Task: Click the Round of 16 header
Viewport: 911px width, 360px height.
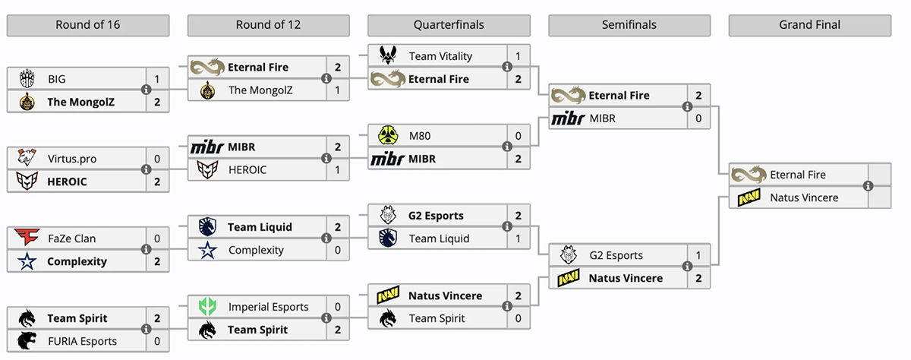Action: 88,25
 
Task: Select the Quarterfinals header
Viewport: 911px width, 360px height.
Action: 449,25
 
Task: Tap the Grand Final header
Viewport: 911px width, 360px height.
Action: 809,25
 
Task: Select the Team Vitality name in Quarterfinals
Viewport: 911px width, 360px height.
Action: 440,56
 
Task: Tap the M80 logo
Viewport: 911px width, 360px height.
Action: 387,136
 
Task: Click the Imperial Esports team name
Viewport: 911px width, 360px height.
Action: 269,307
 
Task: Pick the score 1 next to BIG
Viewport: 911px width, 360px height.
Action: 156,79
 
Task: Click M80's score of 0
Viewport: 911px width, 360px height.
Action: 518,136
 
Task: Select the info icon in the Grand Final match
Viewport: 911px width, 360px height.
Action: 868,186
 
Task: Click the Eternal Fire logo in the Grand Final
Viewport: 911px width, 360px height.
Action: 749,175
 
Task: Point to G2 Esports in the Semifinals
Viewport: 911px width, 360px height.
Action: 616,255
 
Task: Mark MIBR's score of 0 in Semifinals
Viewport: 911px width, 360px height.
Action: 698,118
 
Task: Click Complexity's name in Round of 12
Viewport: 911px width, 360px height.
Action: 256,250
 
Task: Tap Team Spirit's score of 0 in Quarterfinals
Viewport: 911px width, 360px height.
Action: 518,318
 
